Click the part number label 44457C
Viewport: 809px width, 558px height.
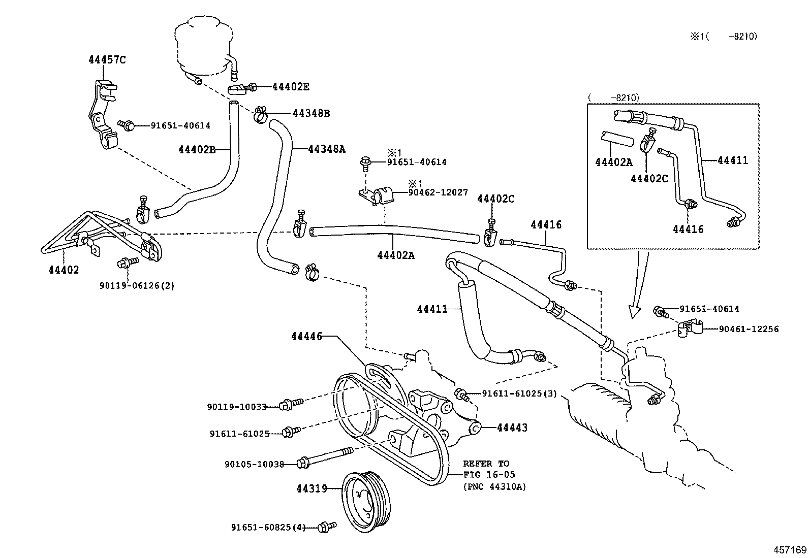pyautogui.click(x=107, y=59)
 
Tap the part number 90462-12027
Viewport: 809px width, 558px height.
pyautogui.click(x=438, y=193)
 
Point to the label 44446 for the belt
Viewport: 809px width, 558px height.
pyautogui.click(x=306, y=336)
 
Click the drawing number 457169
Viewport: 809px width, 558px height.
pyautogui.click(x=790, y=549)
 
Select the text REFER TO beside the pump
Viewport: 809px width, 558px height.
pyautogui.click(x=485, y=464)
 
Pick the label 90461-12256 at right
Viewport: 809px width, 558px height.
pyautogui.click(x=749, y=329)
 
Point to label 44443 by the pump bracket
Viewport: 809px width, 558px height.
pyautogui.click(x=512, y=428)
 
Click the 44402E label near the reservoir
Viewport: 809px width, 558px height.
pyautogui.click(x=291, y=86)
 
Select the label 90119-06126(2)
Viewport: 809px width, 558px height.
pyautogui.click(x=137, y=285)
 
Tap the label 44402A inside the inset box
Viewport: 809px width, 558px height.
pyautogui.click(x=613, y=162)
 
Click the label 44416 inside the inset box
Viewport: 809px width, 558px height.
pyautogui.click(x=688, y=229)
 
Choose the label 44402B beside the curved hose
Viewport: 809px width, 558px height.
pyautogui.click(x=197, y=149)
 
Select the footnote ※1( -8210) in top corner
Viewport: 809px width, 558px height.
pyautogui.click(x=723, y=36)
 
